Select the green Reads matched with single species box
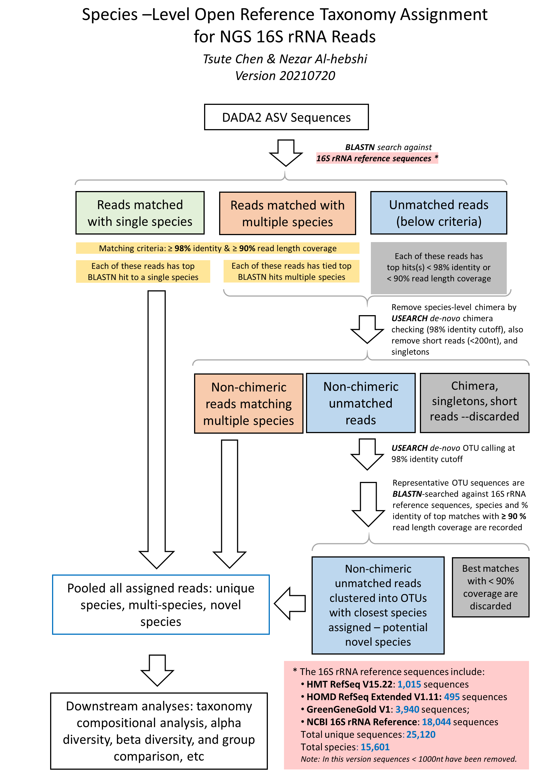pos(140,213)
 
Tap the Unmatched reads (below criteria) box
pos(439,213)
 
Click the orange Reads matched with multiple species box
pos(287,213)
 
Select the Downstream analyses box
pos(159,731)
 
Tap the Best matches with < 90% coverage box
pos(490,587)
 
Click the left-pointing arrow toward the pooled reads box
pos(290,604)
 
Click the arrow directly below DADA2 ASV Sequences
pos(286,153)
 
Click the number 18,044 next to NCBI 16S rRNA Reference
pos(436,722)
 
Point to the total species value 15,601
pos(375,747)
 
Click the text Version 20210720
pos(285,76)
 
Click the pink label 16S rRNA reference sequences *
pos(376,158)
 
